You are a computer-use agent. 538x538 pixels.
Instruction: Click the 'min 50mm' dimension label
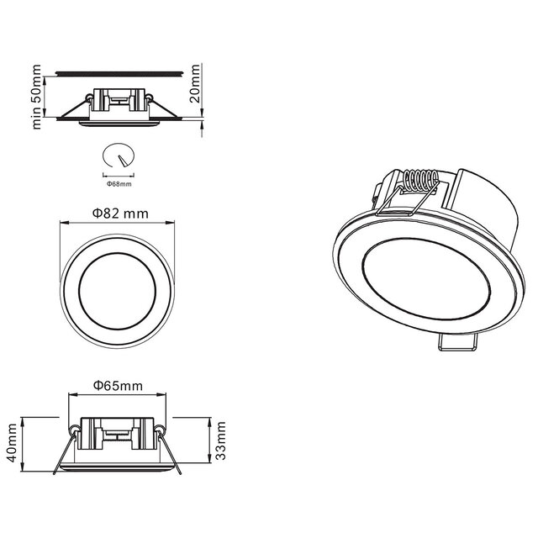coord(37,95)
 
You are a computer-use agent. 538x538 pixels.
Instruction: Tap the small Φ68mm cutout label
coord(119,182)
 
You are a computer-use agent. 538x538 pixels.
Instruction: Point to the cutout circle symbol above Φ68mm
coord(118,157)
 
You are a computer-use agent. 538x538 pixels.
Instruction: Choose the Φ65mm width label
coord(118,386)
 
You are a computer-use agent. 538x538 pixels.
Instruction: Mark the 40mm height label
coord(12,439)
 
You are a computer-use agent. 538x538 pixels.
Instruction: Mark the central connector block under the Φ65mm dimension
coord(117,433)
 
